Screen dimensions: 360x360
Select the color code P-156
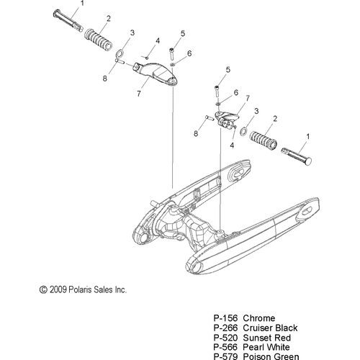tap(225, 318)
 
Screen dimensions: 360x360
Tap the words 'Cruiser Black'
tap(270, 328)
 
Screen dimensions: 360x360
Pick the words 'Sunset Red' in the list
tap(266, 338)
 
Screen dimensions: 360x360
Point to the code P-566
tap(225, 347)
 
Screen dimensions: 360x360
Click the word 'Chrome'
tap(259, 318)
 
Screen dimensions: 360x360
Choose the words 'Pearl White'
tap(266, 347)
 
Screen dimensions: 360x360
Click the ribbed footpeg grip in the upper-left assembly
tap(99, 39)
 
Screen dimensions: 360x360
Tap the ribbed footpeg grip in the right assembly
tap(264, 139)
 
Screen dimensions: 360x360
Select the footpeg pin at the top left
tap(68, 20)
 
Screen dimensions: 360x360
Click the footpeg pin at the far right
tap(297, 156)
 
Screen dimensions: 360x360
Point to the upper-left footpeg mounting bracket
tap(156, 74)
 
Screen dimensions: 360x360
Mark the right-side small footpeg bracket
tap(226, 120)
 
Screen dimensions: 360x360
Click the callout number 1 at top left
tap(82, 4)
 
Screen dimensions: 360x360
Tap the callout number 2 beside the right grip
tap(275, 119)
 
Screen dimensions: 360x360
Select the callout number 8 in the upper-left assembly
tap(105, 78)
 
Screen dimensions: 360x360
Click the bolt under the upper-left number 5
tap(172, 54)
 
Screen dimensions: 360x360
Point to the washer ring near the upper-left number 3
tap(120, 53)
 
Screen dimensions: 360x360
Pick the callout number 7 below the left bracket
tap(139, 94)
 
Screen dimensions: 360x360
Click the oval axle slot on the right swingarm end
tap(307, 212)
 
